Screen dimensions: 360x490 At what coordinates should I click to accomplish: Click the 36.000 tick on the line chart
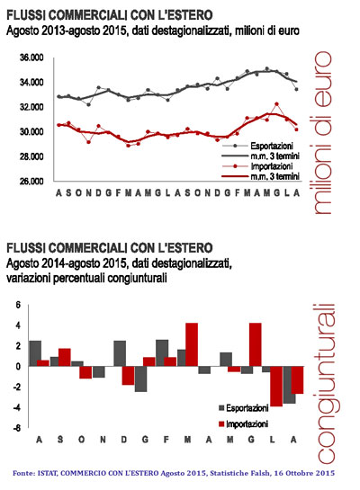click(x=31, y=58)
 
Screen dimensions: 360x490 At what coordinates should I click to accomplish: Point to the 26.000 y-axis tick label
click(x=31, y=182)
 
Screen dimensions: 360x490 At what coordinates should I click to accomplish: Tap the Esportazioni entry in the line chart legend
click(x=272, y=146)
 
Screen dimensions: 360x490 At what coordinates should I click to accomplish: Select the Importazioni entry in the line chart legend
click(x=272, y=166)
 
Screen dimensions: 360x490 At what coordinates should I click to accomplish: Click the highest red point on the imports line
click(x=276, y=104)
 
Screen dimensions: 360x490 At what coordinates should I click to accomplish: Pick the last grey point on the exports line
click(x=296, y=89)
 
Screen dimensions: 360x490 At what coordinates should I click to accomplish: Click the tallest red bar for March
click(x=192, y=344)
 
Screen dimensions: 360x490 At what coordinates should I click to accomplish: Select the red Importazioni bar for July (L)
click(x=276, y=386)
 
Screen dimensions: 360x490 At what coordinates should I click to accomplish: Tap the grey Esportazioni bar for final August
click(x=289, y=385)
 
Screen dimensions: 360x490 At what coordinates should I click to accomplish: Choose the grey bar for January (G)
click(x=140, y=379)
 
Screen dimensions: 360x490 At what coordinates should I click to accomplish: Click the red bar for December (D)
click(x=128, y=375)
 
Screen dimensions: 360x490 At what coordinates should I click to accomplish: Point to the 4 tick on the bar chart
click(x=18, y=325)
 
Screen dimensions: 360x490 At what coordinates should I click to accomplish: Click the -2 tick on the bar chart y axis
click(x=17, y=388)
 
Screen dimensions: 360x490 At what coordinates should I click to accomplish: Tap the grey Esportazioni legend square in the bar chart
click(x=221, y=408)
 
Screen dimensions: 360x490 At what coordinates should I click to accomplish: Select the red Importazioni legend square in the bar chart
click(x=221, y=424)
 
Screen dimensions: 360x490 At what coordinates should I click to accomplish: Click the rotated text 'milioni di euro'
click(x=322, y=133)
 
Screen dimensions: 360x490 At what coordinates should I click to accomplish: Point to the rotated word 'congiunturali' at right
click(x=326, y=384)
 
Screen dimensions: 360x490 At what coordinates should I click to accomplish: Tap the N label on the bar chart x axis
click(x=103, y=440)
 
